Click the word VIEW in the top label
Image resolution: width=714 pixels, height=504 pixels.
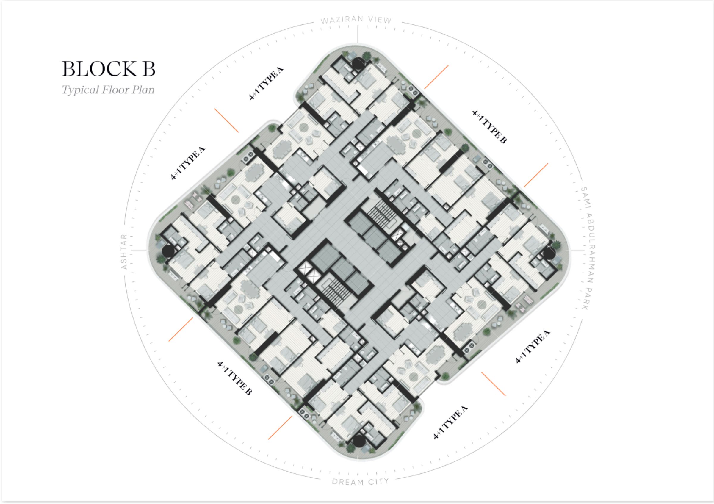coord(380,20)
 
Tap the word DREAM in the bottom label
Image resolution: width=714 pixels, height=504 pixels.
coord(348,482)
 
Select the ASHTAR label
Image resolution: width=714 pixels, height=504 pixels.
coord(124,251)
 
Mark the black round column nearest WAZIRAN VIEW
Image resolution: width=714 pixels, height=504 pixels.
coord(358,63)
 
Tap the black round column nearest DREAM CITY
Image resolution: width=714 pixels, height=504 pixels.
coord(358,441)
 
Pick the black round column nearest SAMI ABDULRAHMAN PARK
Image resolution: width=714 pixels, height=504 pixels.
coord(549,253)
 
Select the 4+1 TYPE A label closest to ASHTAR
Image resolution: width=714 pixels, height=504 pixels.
coord(188,163)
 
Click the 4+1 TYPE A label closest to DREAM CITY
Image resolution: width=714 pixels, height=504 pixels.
coord(451,422)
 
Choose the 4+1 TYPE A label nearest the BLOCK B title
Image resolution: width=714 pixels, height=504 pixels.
coord(267,83)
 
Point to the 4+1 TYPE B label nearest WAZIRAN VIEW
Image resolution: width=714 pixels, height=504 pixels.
coord(489,126)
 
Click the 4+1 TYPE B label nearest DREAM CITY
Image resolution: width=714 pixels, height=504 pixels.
coord(234,378)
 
